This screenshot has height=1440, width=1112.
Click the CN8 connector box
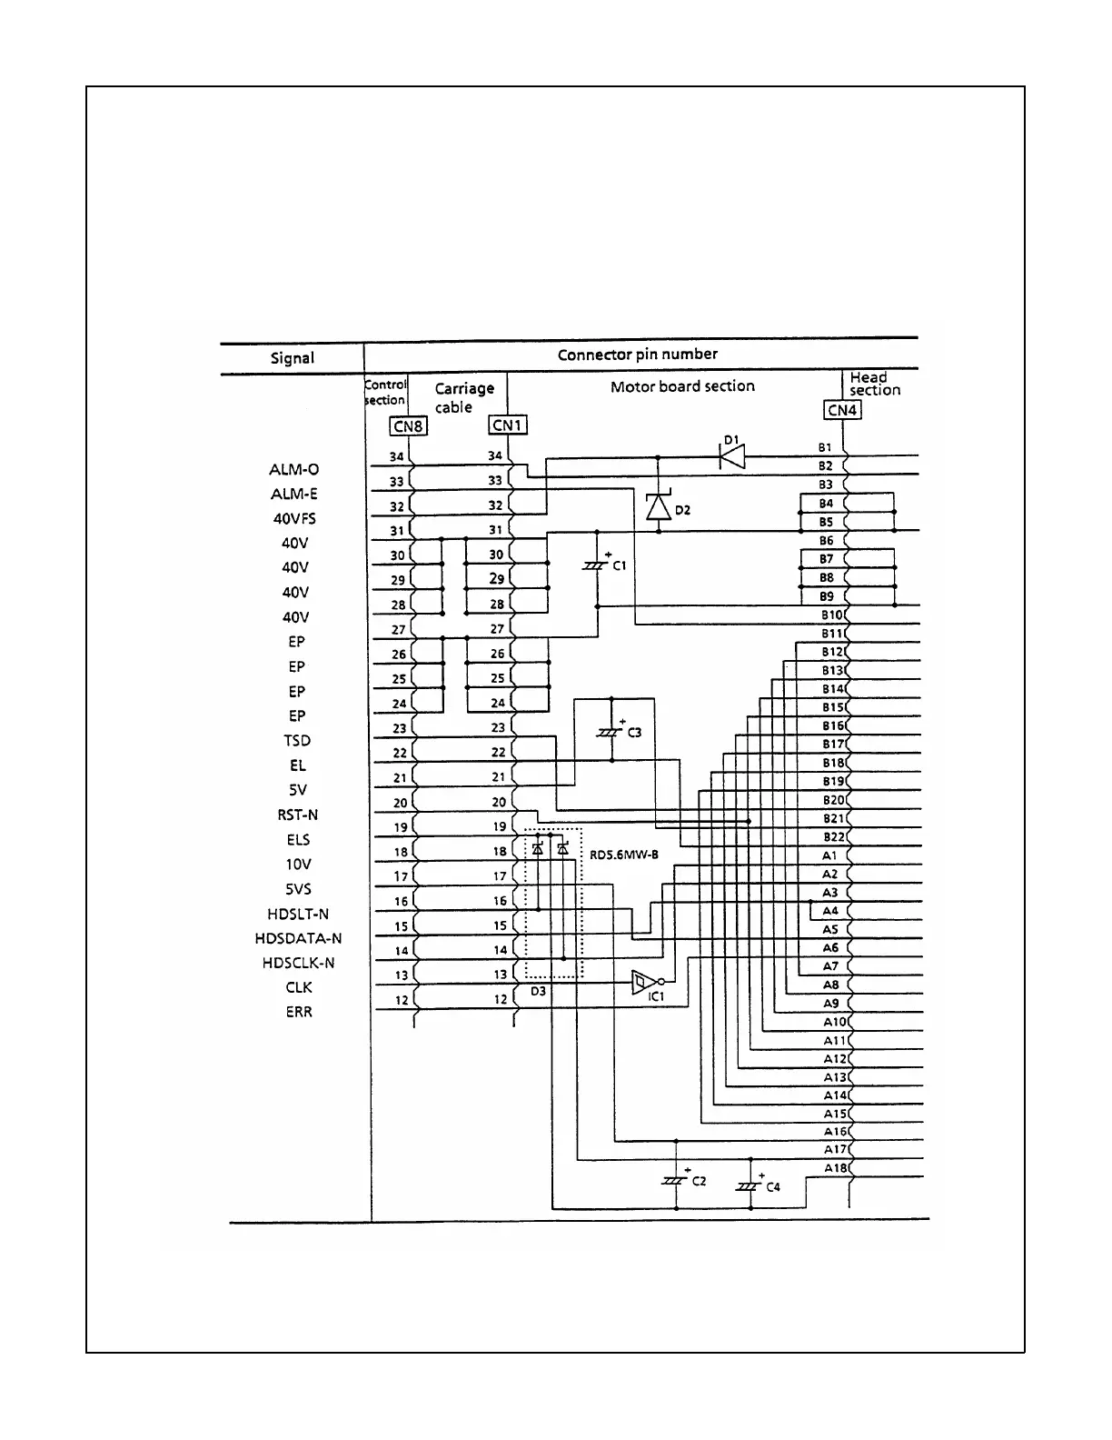408,425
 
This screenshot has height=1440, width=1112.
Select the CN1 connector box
508,425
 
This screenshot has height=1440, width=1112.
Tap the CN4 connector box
842,410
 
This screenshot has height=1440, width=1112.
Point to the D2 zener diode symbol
658,507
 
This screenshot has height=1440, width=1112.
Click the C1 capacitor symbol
596,565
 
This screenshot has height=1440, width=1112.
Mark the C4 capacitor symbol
750,1185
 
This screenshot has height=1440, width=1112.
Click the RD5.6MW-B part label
624,855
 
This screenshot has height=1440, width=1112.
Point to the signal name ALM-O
294,470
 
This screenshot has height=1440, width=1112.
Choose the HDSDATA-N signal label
298,938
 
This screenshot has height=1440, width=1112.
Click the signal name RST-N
298,815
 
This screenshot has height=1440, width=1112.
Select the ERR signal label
298,1012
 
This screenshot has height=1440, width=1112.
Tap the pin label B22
833,837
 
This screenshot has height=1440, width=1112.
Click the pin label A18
835,1168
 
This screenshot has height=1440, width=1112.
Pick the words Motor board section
682,386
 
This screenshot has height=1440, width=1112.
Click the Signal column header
293,358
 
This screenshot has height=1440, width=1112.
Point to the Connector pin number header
638,355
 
